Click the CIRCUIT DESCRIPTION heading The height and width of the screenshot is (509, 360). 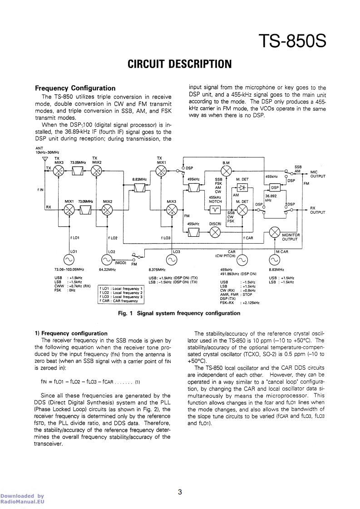tap(179, 64)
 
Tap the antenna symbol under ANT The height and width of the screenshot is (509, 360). tap(44, 159)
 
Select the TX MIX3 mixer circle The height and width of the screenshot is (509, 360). tap(59, 171)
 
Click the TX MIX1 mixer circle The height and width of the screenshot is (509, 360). tap(161, 171)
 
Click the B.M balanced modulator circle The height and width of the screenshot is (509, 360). tap(226, 171)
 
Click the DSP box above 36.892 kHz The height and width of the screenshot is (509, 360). tap(275, 187)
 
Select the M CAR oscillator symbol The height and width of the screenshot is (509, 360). tap(275, 259)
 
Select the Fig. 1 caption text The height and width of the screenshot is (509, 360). tap(180, 313)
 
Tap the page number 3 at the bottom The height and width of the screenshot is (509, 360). tap(180, 491)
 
